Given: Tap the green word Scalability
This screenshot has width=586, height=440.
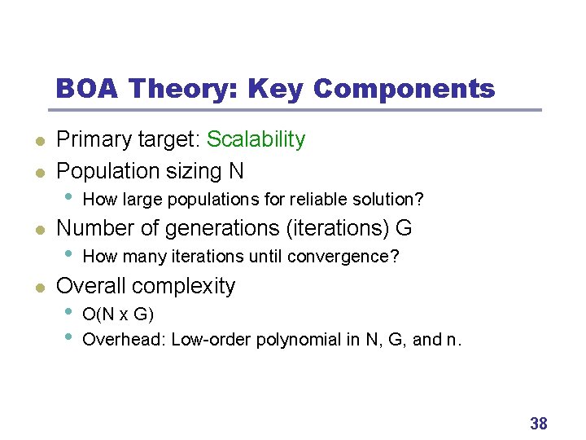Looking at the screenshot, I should click(x=256, y=139).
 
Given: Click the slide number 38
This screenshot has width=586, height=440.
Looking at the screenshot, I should click(x=538, y=423).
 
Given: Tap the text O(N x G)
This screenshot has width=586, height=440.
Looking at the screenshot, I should click(x=119, y=315).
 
